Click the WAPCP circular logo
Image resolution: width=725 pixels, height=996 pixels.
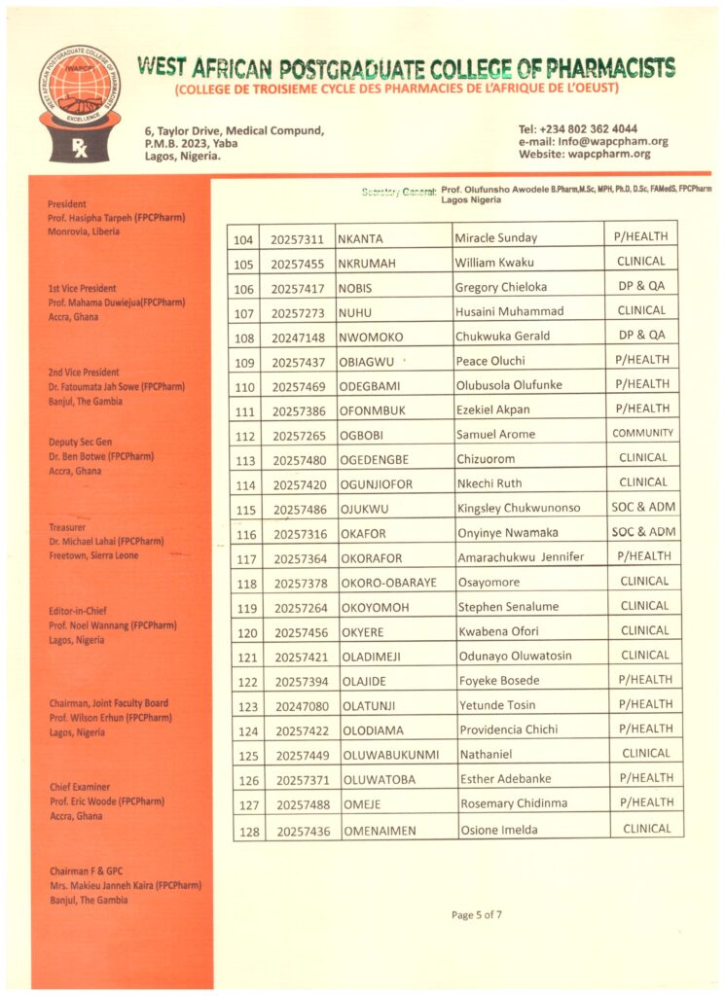point(80,89)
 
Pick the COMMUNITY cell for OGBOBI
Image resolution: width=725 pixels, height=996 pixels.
point(642,433)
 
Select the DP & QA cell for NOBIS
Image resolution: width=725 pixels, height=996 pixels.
point(640,287)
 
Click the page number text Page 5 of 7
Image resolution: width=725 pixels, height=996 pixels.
point(477,914)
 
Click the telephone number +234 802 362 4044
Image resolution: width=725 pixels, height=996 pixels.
point(592,128)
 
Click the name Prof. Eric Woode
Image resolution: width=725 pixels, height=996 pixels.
point(106,801)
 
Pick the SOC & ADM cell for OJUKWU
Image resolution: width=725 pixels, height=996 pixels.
point(642,507)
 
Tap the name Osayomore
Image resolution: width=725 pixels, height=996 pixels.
point(489,583)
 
